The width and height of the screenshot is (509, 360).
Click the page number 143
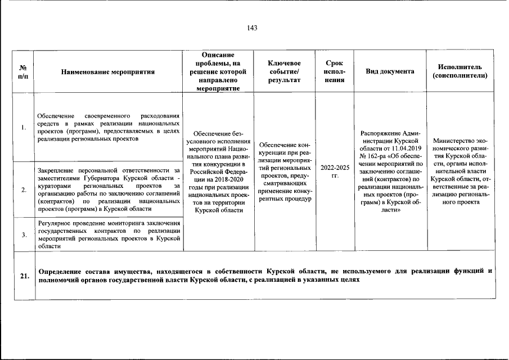[x=252, y=28]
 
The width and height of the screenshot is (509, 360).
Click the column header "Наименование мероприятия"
[x=108, y=72]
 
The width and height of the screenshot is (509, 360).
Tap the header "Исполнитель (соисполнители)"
[x=460, y=71]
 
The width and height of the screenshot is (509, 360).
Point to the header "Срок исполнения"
[x=334, y=71]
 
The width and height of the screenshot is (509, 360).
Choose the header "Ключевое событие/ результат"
[x=284, y=71]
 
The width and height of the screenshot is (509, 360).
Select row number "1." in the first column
[x=24, y=127]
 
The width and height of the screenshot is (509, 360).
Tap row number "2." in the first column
[x=24, y=190]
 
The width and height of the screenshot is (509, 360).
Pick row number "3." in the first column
[x=24, y=235]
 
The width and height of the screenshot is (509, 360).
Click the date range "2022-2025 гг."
[x=335, y=172]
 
